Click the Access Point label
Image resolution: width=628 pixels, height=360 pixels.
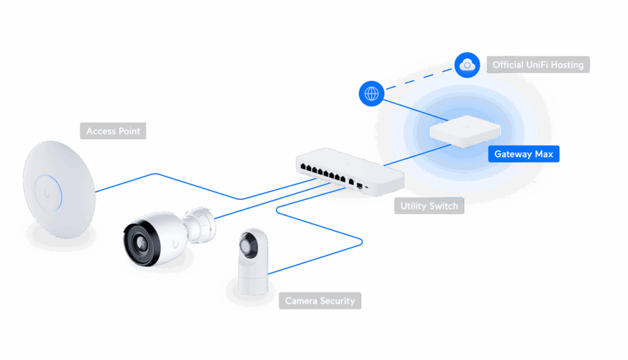coord(113,131)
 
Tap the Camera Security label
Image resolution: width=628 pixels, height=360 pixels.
coord(320,301)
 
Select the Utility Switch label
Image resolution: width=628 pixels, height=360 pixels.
coord(429,206)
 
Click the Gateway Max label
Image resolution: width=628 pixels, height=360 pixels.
coord(524,154)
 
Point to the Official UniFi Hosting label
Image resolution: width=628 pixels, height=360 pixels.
coord(538,64)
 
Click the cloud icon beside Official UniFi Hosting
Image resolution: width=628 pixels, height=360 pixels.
coord(467,63)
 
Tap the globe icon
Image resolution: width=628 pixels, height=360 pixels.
coord(371,94)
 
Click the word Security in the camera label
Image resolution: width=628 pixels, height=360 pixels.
coord(337,301)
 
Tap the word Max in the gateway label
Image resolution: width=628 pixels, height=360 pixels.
coord(543,154)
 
